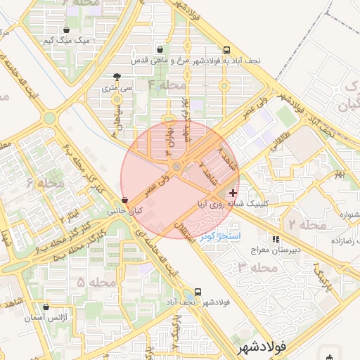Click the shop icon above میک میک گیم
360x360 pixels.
coord(66,30)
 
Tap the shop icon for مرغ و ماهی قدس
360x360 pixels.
coord(161,50)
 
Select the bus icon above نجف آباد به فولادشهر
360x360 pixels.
coord(226,51)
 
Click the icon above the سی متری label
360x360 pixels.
coord(117,77)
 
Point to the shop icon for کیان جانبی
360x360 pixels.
coord(124,200)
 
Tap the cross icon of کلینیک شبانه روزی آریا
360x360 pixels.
coord(233,192)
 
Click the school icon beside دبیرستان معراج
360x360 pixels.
coord(275,239)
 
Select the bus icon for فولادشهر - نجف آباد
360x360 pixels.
coord(198,292)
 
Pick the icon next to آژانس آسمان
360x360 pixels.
coord(46,307)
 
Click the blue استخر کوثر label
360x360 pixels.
coord(220,236)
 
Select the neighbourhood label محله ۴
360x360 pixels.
coord(166,85)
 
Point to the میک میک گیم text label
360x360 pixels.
coord(67,41)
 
